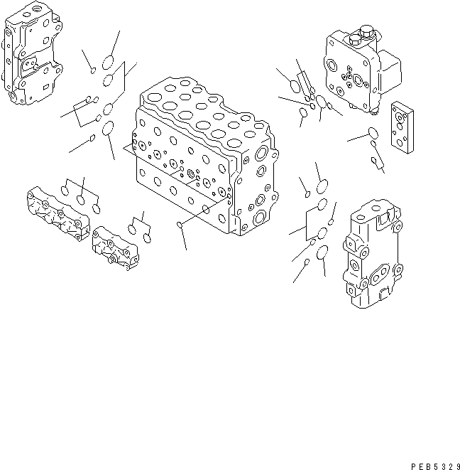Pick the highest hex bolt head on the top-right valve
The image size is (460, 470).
(366, 31)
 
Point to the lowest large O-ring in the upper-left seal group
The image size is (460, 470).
(109, 129)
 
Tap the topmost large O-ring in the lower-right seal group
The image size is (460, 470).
(322, 187)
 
